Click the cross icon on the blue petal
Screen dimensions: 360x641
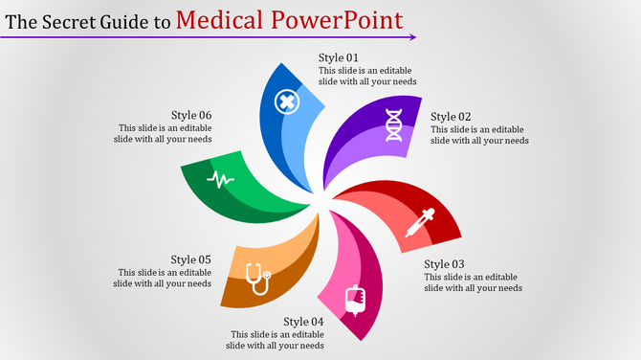pyautogui.click(x=285, y=101)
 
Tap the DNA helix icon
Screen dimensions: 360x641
pyautogui.click(x=393, y=124)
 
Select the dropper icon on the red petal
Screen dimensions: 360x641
pyautogui.click(x=419, y=221)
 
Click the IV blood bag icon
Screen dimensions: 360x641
pyautogui.click(x=357, y=300)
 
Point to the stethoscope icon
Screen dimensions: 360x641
pyautogui.click(x=256, y=279)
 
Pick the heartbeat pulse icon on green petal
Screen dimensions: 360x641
pyautogui.click(x=221, y=179)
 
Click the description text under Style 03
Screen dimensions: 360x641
pyautogui.click(x=474, y=283)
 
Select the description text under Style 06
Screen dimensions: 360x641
pyautogui.click(x=166, y=133)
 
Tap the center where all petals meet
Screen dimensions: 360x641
pyautogui.click(x=322, y=198)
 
